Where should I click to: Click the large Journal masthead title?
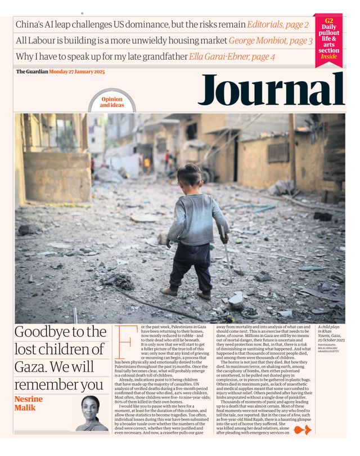coord(270,90)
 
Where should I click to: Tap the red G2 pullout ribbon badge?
coord(329,39)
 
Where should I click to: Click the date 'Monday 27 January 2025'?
coord(75,72)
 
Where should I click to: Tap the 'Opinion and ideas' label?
coord(111,102)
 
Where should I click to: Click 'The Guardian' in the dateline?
coord(31,72)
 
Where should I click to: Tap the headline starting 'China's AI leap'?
coord(129,25)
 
